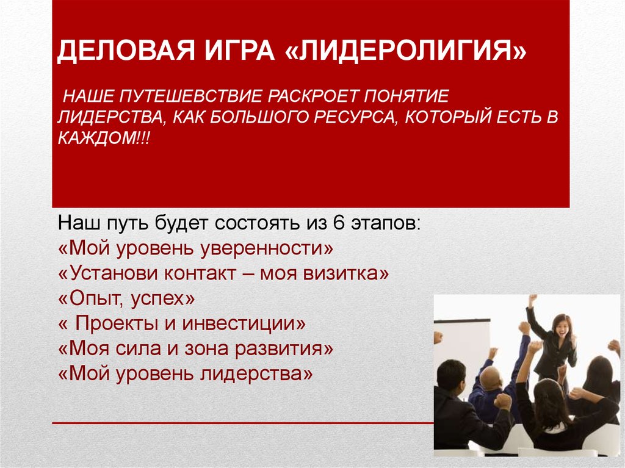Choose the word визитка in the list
[345, 273]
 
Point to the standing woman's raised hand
[533, 300]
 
